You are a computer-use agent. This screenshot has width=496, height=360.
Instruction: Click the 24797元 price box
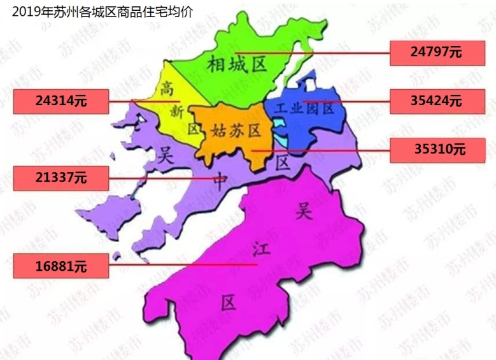436,52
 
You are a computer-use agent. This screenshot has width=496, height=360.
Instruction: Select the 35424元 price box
436,100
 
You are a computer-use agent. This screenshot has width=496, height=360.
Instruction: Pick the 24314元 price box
61,101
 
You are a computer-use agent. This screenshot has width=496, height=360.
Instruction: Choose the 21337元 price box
61,178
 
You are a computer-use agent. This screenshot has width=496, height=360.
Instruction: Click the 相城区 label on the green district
236,64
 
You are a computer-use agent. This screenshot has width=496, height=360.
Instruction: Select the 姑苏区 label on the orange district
236,131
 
